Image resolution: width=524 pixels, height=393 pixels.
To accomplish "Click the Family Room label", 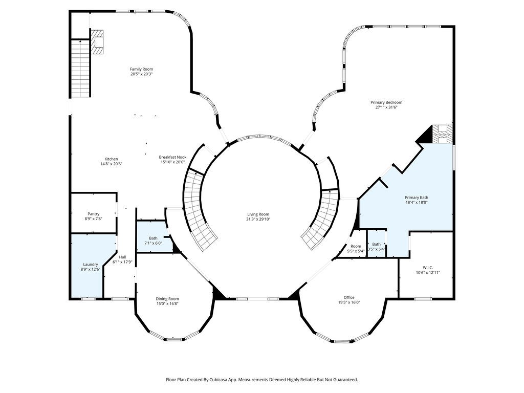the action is [141, 69].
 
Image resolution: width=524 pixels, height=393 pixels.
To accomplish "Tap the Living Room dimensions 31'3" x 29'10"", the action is [258, 219].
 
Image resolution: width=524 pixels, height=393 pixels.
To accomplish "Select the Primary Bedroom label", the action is [386, 102].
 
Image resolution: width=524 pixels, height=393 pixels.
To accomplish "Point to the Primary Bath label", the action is [417, 198].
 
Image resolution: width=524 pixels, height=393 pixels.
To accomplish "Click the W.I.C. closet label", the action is [428, 267].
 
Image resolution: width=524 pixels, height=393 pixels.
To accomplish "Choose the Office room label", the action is [349, 297].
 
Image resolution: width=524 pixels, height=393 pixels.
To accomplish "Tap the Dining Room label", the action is [167, 299].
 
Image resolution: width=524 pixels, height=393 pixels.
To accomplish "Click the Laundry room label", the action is [90, 265].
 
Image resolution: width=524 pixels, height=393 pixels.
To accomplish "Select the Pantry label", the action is [94, 214].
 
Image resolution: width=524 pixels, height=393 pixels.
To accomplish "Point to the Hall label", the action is [123, 257].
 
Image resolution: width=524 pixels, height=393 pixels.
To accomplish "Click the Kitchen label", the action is [111, 159].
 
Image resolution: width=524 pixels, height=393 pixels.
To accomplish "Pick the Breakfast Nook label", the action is [172, 157].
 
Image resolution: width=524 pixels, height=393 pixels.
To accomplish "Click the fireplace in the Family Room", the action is [97, 42].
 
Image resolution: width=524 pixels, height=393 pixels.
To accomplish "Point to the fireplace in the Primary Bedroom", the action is [443, 134].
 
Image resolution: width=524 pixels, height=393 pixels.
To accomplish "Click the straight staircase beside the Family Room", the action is [80, 68].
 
